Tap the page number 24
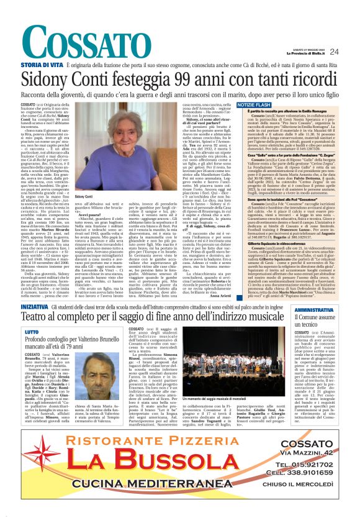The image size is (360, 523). point(334,52)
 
